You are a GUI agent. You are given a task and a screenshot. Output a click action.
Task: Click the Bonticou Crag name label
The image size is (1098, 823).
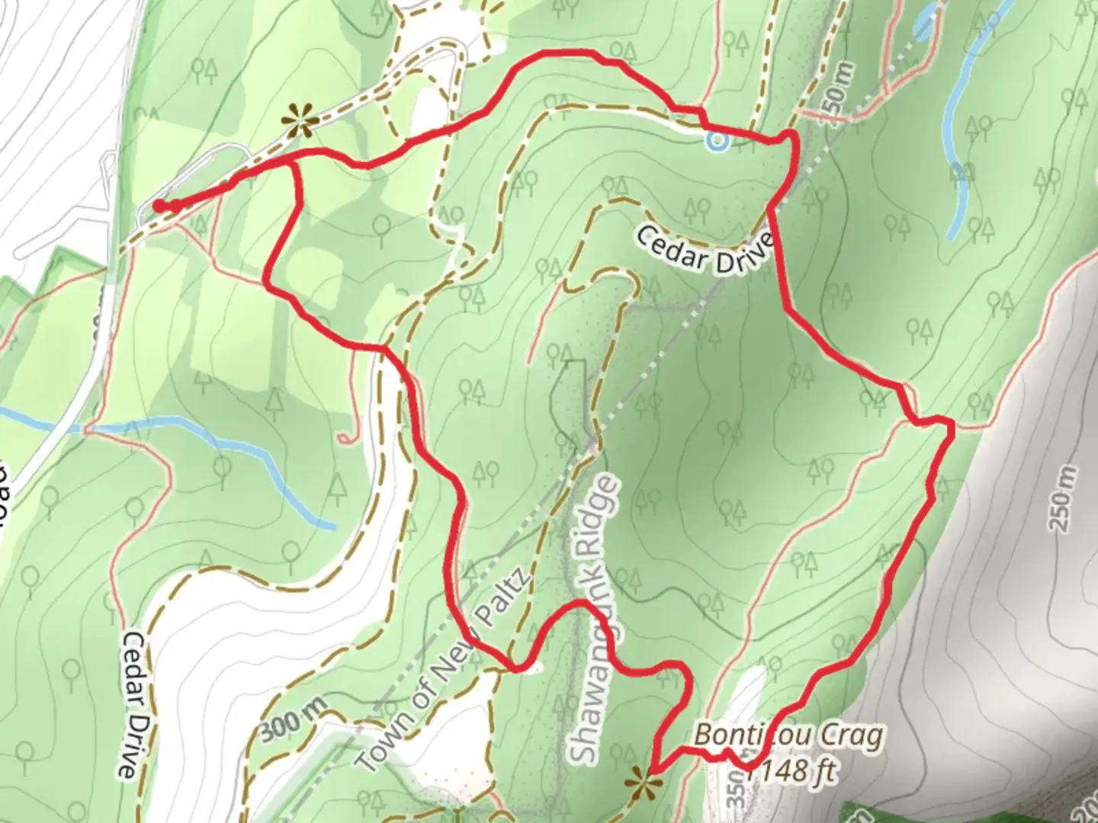coord(789,736)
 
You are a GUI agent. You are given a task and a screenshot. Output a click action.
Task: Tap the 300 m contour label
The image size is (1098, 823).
coord(291,721)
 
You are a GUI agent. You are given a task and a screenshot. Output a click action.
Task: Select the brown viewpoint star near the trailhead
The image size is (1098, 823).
coord(297,120)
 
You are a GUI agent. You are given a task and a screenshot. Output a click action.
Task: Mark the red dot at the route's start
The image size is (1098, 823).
coord(159,205)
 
